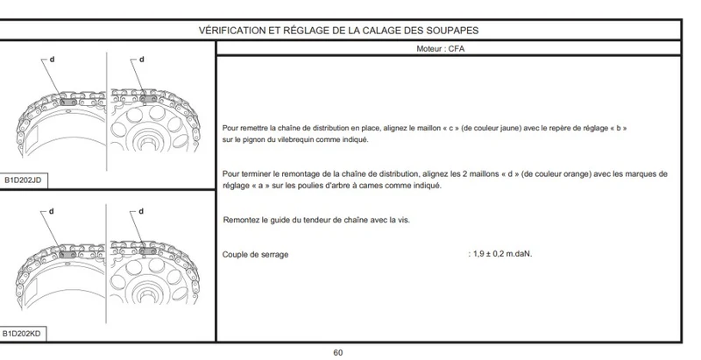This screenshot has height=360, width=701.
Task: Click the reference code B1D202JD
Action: (23, 180)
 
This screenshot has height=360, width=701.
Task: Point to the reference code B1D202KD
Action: (21, 334)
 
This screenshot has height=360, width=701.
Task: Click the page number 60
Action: (338, 353)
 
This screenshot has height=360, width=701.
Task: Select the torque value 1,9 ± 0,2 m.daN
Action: (503, 254)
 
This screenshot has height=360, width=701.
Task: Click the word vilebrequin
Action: (296, 139)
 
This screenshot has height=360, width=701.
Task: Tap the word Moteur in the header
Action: (427, 49)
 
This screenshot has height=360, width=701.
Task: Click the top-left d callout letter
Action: (52, 59)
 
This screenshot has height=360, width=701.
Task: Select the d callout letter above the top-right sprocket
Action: (142, 59)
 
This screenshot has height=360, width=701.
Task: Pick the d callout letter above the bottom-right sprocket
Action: (141, 211)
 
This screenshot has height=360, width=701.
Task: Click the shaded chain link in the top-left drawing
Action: (68, 102)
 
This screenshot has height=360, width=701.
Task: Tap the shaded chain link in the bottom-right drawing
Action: (147, 251)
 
